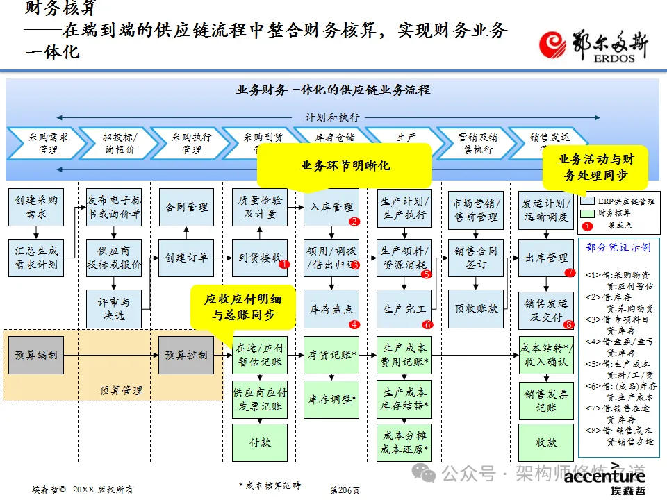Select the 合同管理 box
click(x=186, y=207)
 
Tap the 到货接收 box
click(x=259, y=258)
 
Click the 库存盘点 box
click(x=331, y=309)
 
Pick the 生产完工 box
click(x=405, y=309)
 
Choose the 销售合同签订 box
click(x=476, y=258)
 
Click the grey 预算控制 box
click(x=186, y=355)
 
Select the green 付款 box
click(x=259, y=442)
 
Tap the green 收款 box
click(x=546, y=442)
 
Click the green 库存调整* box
click(x=331, y=399)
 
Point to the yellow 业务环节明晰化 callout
click(x=345, y=166)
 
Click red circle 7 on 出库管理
click(x=570, y=273)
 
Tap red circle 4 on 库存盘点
click(x=354, y=324)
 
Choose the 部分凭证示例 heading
click(x=618, y=248)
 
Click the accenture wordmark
click(x=604, y=476)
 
